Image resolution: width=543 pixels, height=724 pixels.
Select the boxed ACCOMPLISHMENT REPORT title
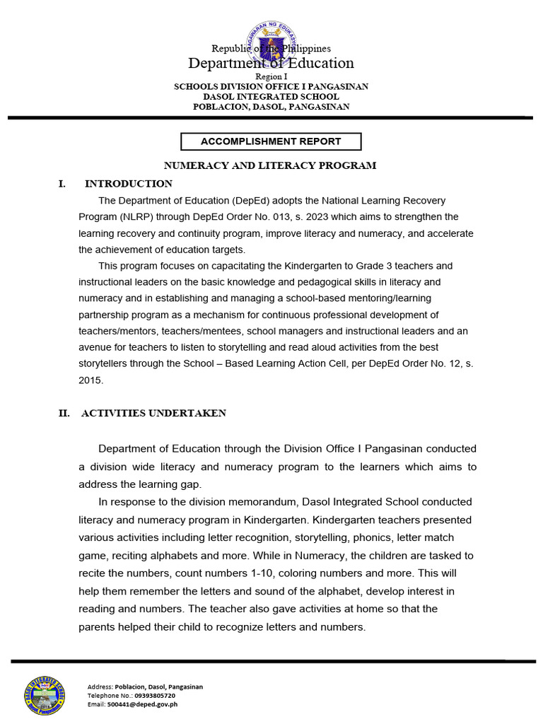pyautogui.click(x=271, y=141)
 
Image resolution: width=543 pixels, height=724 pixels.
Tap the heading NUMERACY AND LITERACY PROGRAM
pyautogui.click(x=270, y=165)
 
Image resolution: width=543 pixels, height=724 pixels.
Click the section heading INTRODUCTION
pyautogui.click(x=128, y=184)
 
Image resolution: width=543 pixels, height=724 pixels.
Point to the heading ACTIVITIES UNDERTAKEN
pyautogui.click(x=153, y=414)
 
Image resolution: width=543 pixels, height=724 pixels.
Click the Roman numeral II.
pyautogui.click(x=64, y=414)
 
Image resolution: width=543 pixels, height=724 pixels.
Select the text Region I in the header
pyautogui.click(x=271, y=76)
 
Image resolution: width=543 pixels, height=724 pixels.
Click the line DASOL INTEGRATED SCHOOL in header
pyautogui.click(x=271, y=97)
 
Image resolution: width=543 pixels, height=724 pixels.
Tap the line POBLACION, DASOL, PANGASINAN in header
pyautogui.click(x=271, y=107)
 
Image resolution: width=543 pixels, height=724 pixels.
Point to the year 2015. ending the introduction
pyautogui.click(x=90, y=380)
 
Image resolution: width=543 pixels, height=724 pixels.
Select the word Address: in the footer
pyautogui.click(x=100, y=687)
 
